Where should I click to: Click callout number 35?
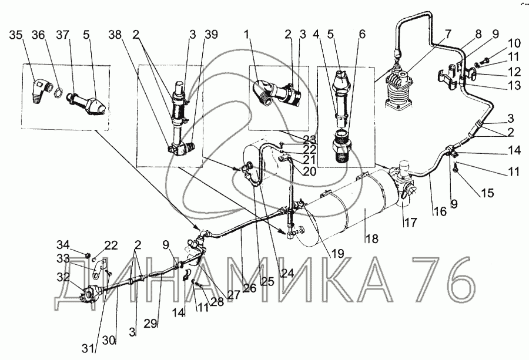pyautogui.click(x=16, y=34)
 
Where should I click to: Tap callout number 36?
pyautogui.click(x=38, y=34)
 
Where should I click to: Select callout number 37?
pyautogui.click(x=62, y=34)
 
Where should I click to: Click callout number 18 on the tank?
pyautogui.click(x=370, y=238)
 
